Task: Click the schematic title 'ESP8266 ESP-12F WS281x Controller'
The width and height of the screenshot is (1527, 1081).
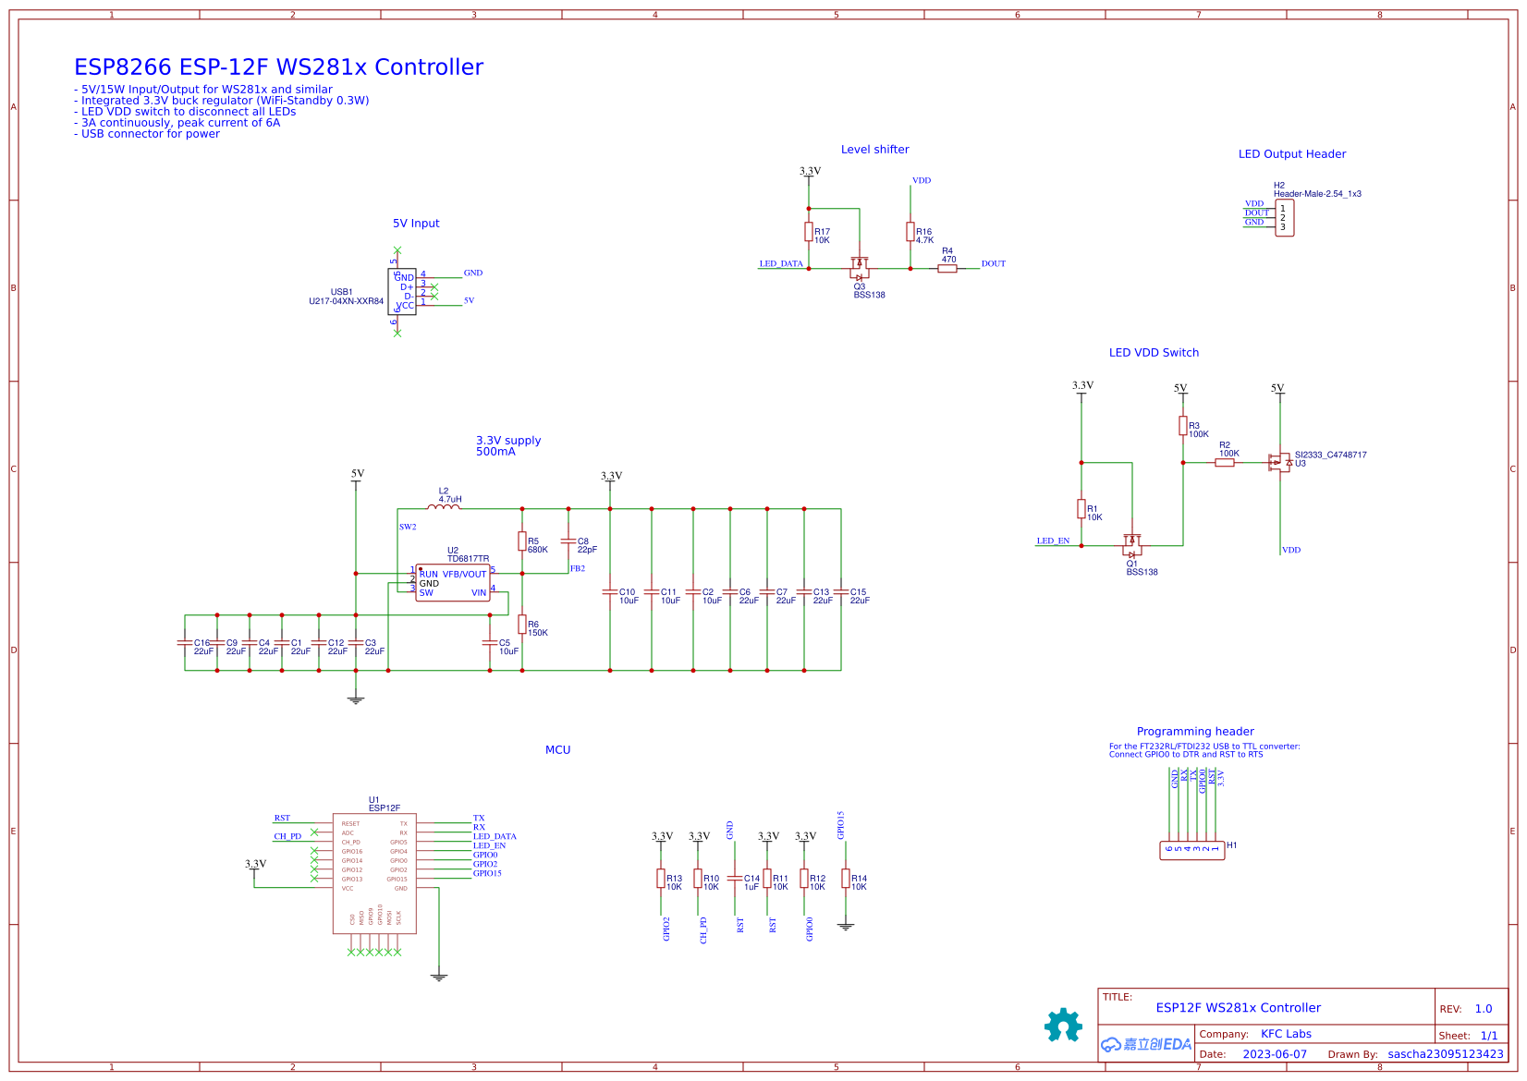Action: [x=278, y=67]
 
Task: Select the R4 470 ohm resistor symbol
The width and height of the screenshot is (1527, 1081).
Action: [x=947, y=269]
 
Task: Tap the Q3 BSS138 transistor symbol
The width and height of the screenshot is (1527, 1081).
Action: [x=860, y=269]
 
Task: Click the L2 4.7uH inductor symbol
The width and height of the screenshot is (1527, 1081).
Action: [x=444, y=507]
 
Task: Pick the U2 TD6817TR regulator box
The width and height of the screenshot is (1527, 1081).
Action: [x=452, y=583]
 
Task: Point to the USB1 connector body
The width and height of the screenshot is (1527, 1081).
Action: [x=402, y=292]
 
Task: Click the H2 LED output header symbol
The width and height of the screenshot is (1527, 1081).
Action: [x=1284, y=218]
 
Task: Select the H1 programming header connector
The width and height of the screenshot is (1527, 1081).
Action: [x=1191, y=850]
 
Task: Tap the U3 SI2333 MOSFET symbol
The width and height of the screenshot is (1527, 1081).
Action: [x=1280, y=462]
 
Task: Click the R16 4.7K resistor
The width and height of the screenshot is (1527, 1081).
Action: [x=910, y=232]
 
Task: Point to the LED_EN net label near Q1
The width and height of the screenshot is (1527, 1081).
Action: [x=1053, y=541]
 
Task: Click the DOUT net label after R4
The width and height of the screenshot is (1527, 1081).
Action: [x=993, y=264]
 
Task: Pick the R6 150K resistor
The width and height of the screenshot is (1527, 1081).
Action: [x=522, y=625]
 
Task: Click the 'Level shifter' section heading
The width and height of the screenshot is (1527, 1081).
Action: [x=874, y=150]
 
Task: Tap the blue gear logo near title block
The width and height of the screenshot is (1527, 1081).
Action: [x=1063, y=1025]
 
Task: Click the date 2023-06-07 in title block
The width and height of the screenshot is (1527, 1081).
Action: [x=1275, y=1054]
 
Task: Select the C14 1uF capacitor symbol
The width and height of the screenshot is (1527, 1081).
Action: [x=735, y=879]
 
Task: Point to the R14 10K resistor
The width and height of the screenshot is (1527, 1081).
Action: [x=845, y=879]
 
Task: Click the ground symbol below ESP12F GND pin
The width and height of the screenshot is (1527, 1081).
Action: [x=439, y=977]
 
